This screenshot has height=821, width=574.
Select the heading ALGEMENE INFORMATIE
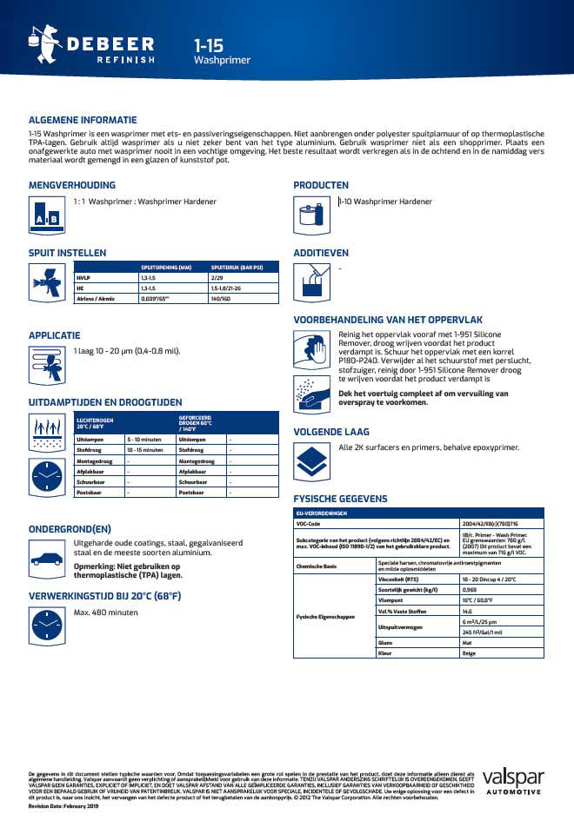click(83, 120)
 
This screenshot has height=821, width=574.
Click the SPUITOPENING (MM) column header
click(165, 268)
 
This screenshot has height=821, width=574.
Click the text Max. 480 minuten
click(106, 612)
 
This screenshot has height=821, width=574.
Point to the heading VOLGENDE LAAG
click(331, 432)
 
